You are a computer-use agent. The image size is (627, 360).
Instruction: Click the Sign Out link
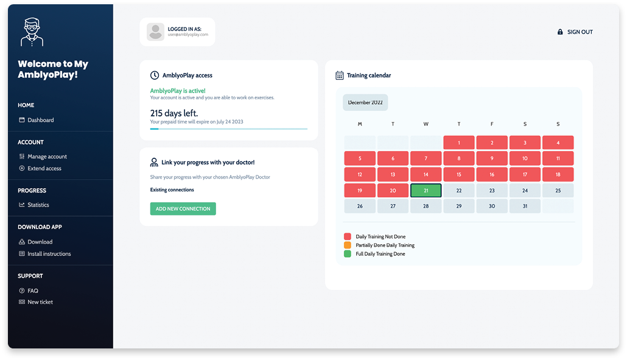(575, 32)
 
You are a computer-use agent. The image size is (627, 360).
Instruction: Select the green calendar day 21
(426, 191)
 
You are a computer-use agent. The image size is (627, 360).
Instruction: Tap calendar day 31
(525, 206)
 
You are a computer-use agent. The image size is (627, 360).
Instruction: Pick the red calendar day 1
(458, 143)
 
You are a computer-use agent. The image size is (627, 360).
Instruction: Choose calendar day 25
(558, 191)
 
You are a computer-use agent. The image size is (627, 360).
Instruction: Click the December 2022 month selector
(365, 102)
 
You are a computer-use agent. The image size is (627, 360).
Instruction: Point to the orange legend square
(348, 245)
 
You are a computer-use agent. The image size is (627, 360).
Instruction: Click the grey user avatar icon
(156, 32)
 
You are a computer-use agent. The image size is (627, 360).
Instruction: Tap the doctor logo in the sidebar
(32, 32)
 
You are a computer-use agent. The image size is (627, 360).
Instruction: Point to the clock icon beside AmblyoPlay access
(155, 75)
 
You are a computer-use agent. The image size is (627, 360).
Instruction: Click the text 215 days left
(174, 113)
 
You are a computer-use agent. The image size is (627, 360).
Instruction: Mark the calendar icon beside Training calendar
(340, 75)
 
